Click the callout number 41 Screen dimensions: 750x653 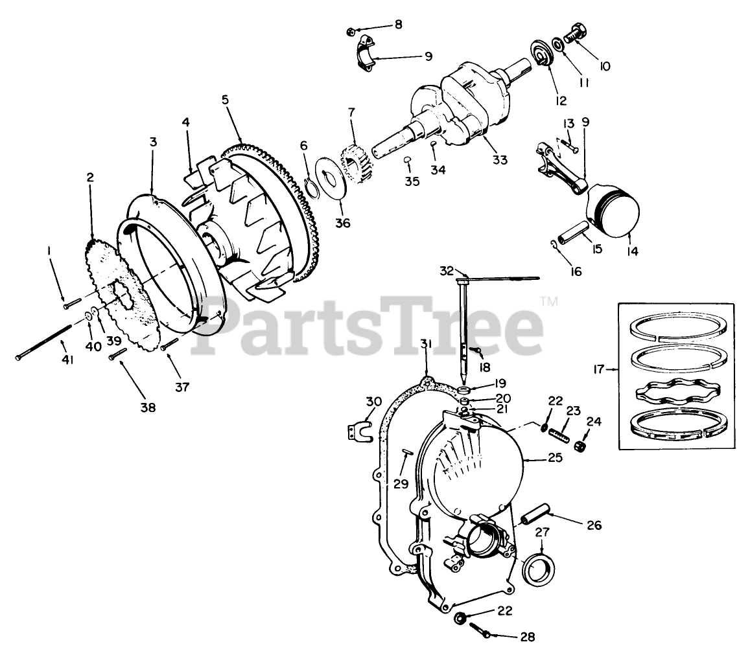point(67,358)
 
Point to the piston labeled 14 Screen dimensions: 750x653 point(613,212)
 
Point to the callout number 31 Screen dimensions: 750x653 point(425,343)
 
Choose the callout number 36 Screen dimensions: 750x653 point(342,222)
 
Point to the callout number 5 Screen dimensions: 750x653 point(225,100)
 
